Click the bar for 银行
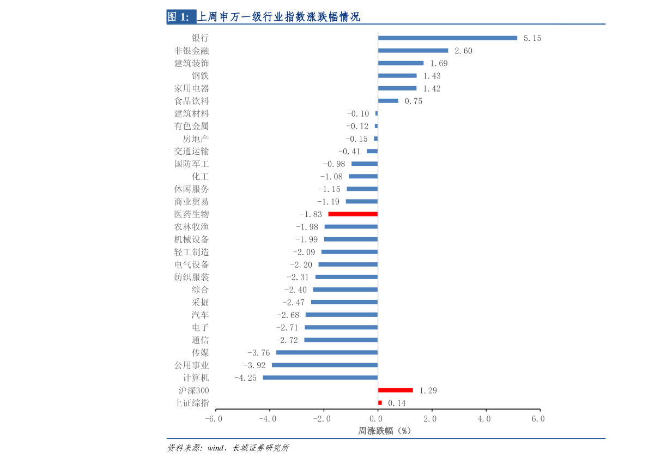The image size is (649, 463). coord(447,38)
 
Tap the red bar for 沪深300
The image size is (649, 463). coord(395,390)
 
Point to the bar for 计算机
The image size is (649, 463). coord(320,377)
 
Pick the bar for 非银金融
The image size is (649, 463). coord(413,51)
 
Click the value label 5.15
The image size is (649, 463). coord(532,38)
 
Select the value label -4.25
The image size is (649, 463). coord(245,378)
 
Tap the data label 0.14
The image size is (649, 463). coord(397,404)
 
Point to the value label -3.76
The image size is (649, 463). coord(258,353)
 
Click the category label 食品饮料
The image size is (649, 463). coord(191,101)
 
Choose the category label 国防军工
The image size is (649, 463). coord(191,164)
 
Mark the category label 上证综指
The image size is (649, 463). coord(191,403)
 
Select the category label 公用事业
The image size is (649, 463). coord(191,365)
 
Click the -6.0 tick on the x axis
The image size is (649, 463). coord(214,419)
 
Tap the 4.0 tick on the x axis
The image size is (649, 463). coord(484,419)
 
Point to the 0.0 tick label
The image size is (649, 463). coord(377,419)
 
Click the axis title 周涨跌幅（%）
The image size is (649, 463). coord(384,431)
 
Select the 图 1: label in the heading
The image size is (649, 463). coord(178,17)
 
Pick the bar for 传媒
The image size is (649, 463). coord(326,352)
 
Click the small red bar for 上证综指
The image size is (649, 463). coord(380,403)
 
